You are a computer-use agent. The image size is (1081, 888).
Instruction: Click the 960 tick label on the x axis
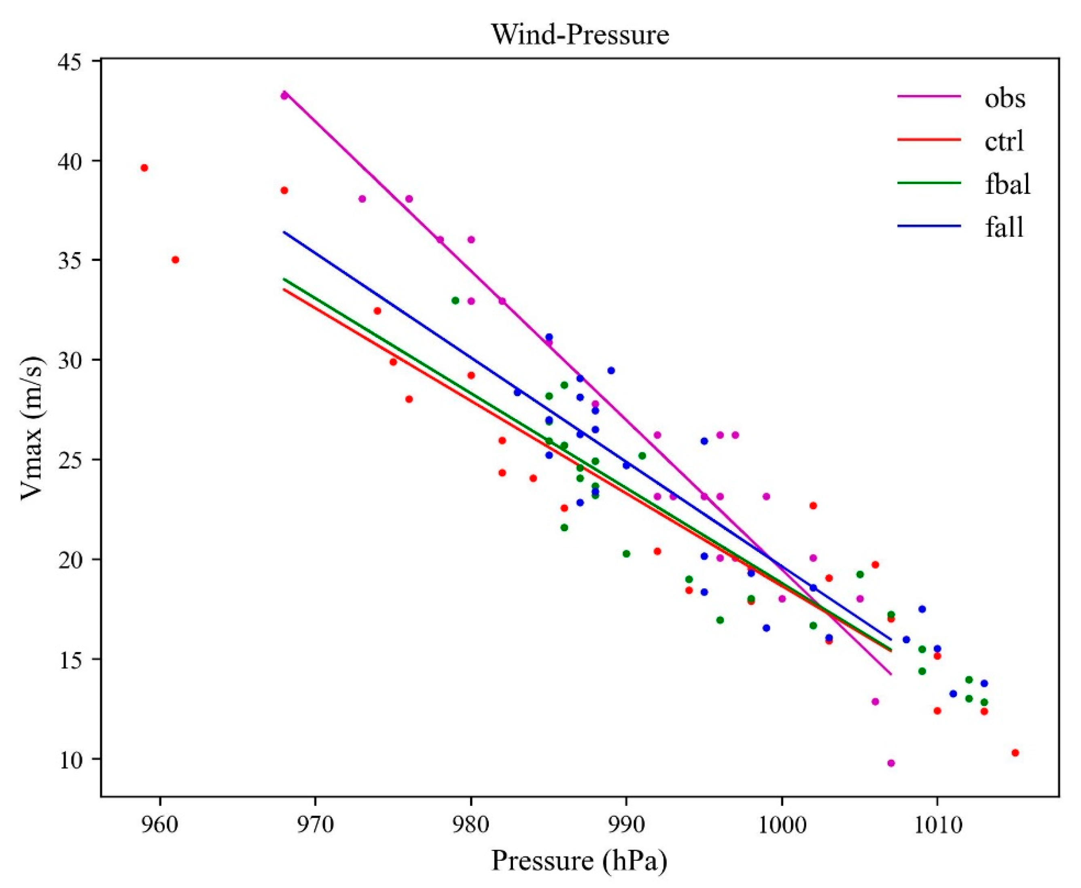(160, 826)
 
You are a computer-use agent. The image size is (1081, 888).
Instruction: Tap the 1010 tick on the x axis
(937, 826)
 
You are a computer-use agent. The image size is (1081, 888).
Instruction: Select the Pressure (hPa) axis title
(580, 860)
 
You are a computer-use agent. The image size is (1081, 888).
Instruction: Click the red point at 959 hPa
(144, 168)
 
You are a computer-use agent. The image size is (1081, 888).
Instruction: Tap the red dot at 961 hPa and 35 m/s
(175, 260)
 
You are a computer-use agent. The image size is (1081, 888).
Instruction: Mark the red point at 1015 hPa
(1015, 753)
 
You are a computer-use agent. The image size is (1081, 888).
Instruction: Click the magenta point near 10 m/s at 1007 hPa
(891, 763)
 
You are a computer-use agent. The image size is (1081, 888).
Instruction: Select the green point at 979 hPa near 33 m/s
(455, 300)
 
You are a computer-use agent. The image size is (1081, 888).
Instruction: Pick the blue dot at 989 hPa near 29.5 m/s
(611, 370)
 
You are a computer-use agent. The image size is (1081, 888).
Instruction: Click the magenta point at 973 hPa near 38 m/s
(362, 199)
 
